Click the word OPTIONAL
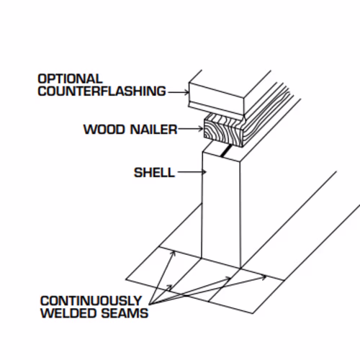(x=70, y=79)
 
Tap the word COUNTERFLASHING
(x=102, y=91)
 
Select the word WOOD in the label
(x=104, y=130)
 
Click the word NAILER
(x=154, y=130)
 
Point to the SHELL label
(x=154, y=173)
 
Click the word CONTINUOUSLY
(x=91, y=301)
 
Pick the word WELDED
(x=68, y=313)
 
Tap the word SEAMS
(x=125, y=313)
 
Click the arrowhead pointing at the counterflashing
(x=186, y=92)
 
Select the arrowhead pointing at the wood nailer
(x=201, y=129)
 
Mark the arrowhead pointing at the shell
(x=204, y=172)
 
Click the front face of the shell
(x=221, y=209)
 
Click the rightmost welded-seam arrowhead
(x=264, y=277)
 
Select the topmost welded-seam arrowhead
(x=174, y=253)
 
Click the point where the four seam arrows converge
(x=150, y=305)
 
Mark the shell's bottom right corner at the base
(x=240, y=268)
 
